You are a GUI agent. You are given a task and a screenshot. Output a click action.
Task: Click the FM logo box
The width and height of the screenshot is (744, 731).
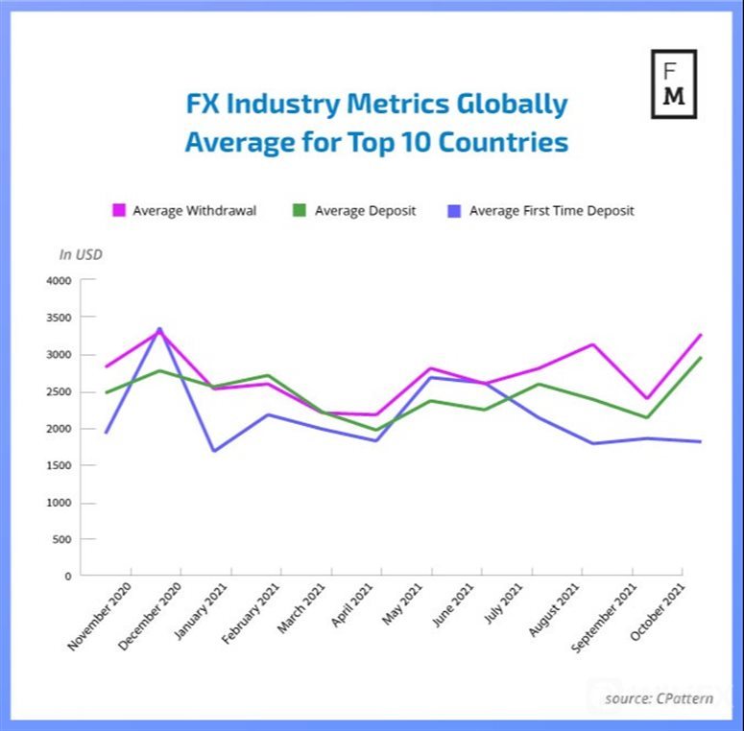coord(674,83)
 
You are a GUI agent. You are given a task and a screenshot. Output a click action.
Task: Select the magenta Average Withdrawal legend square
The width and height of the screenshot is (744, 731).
coord(120,210)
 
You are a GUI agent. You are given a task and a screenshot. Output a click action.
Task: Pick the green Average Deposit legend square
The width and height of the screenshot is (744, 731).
coord(299,210)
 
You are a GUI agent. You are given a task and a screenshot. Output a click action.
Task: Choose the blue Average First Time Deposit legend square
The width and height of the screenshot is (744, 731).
coord(454,210)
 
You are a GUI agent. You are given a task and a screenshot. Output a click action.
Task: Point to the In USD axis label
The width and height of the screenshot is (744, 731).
coord(81,254)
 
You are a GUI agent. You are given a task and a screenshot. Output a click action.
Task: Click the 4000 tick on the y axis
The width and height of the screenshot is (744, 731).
coord(59,281)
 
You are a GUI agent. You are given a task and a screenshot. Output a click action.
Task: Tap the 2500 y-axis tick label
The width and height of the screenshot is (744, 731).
coord(59,392)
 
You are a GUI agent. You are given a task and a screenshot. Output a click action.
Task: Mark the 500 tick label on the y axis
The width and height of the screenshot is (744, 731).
coord(62,540)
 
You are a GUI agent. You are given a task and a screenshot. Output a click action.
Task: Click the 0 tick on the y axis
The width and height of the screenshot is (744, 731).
coord(68,577)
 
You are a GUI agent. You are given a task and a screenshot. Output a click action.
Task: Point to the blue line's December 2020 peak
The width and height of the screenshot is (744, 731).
coord(159,329)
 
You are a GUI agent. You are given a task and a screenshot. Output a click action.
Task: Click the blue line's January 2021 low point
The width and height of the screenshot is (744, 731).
coord(213,451)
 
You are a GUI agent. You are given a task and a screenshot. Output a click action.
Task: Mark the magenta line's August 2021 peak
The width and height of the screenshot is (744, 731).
coord(593,344)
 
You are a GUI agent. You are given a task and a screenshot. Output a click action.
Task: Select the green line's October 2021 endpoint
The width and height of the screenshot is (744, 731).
coord(701,358)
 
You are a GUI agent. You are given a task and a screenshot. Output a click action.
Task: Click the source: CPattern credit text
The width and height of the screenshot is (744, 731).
coord(659,697)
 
